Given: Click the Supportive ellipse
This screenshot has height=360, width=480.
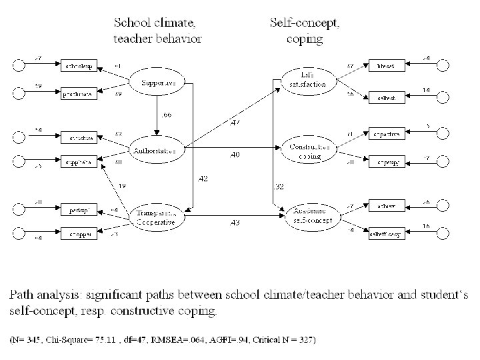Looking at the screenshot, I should coord(158,83).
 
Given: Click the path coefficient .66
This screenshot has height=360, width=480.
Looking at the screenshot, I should coord(166,115).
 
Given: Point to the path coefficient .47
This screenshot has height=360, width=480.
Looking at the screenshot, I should coord(235,122).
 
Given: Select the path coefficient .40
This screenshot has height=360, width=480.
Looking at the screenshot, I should coord(235,155).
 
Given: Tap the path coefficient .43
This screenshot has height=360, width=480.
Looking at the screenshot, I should coord(235,221).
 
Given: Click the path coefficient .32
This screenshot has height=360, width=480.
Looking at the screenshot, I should coord(280,186).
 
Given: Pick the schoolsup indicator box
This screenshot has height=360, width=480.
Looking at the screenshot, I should coord(79,67).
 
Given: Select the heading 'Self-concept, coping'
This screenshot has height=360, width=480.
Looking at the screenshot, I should coord(305,30).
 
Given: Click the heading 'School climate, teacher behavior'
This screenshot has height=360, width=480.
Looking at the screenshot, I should coord(157,30).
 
